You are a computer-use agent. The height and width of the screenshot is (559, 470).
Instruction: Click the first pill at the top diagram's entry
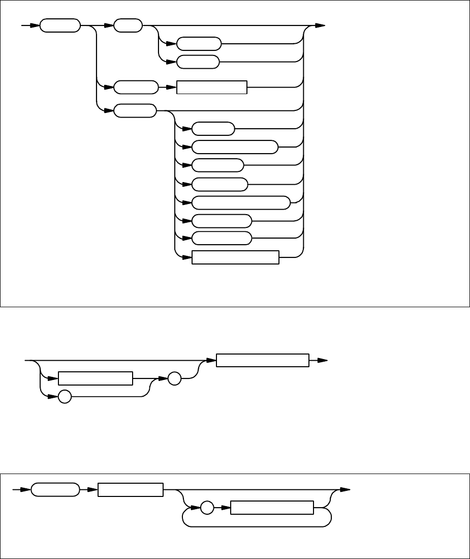point(60,25)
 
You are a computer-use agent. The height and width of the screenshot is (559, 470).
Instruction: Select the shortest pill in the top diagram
point(128,25)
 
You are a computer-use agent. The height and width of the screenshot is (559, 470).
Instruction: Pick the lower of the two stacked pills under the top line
point(198,62)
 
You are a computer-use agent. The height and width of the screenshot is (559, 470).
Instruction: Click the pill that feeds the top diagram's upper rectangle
point(136,87)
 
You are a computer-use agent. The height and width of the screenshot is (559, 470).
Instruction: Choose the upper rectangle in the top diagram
point(211,87)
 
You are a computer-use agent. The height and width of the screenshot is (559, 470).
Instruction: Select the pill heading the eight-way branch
point(135,110)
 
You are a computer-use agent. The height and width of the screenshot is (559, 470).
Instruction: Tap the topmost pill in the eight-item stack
point(213,129)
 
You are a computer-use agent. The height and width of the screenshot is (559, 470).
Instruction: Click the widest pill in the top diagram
point(241,202)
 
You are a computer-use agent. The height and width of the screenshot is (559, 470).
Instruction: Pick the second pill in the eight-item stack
point(235,148)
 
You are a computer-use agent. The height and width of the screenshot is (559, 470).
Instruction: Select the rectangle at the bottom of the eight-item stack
point(235,258)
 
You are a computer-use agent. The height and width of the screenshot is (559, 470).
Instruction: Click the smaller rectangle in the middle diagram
point(96,379)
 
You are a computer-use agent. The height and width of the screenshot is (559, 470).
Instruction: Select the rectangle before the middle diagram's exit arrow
point(263,360)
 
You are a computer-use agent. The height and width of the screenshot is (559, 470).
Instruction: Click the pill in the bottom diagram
point(55,490)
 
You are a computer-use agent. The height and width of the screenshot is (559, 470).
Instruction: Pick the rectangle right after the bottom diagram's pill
point(131,490)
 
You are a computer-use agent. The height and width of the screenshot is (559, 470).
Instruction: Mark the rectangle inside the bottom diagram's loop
point(272,508)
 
